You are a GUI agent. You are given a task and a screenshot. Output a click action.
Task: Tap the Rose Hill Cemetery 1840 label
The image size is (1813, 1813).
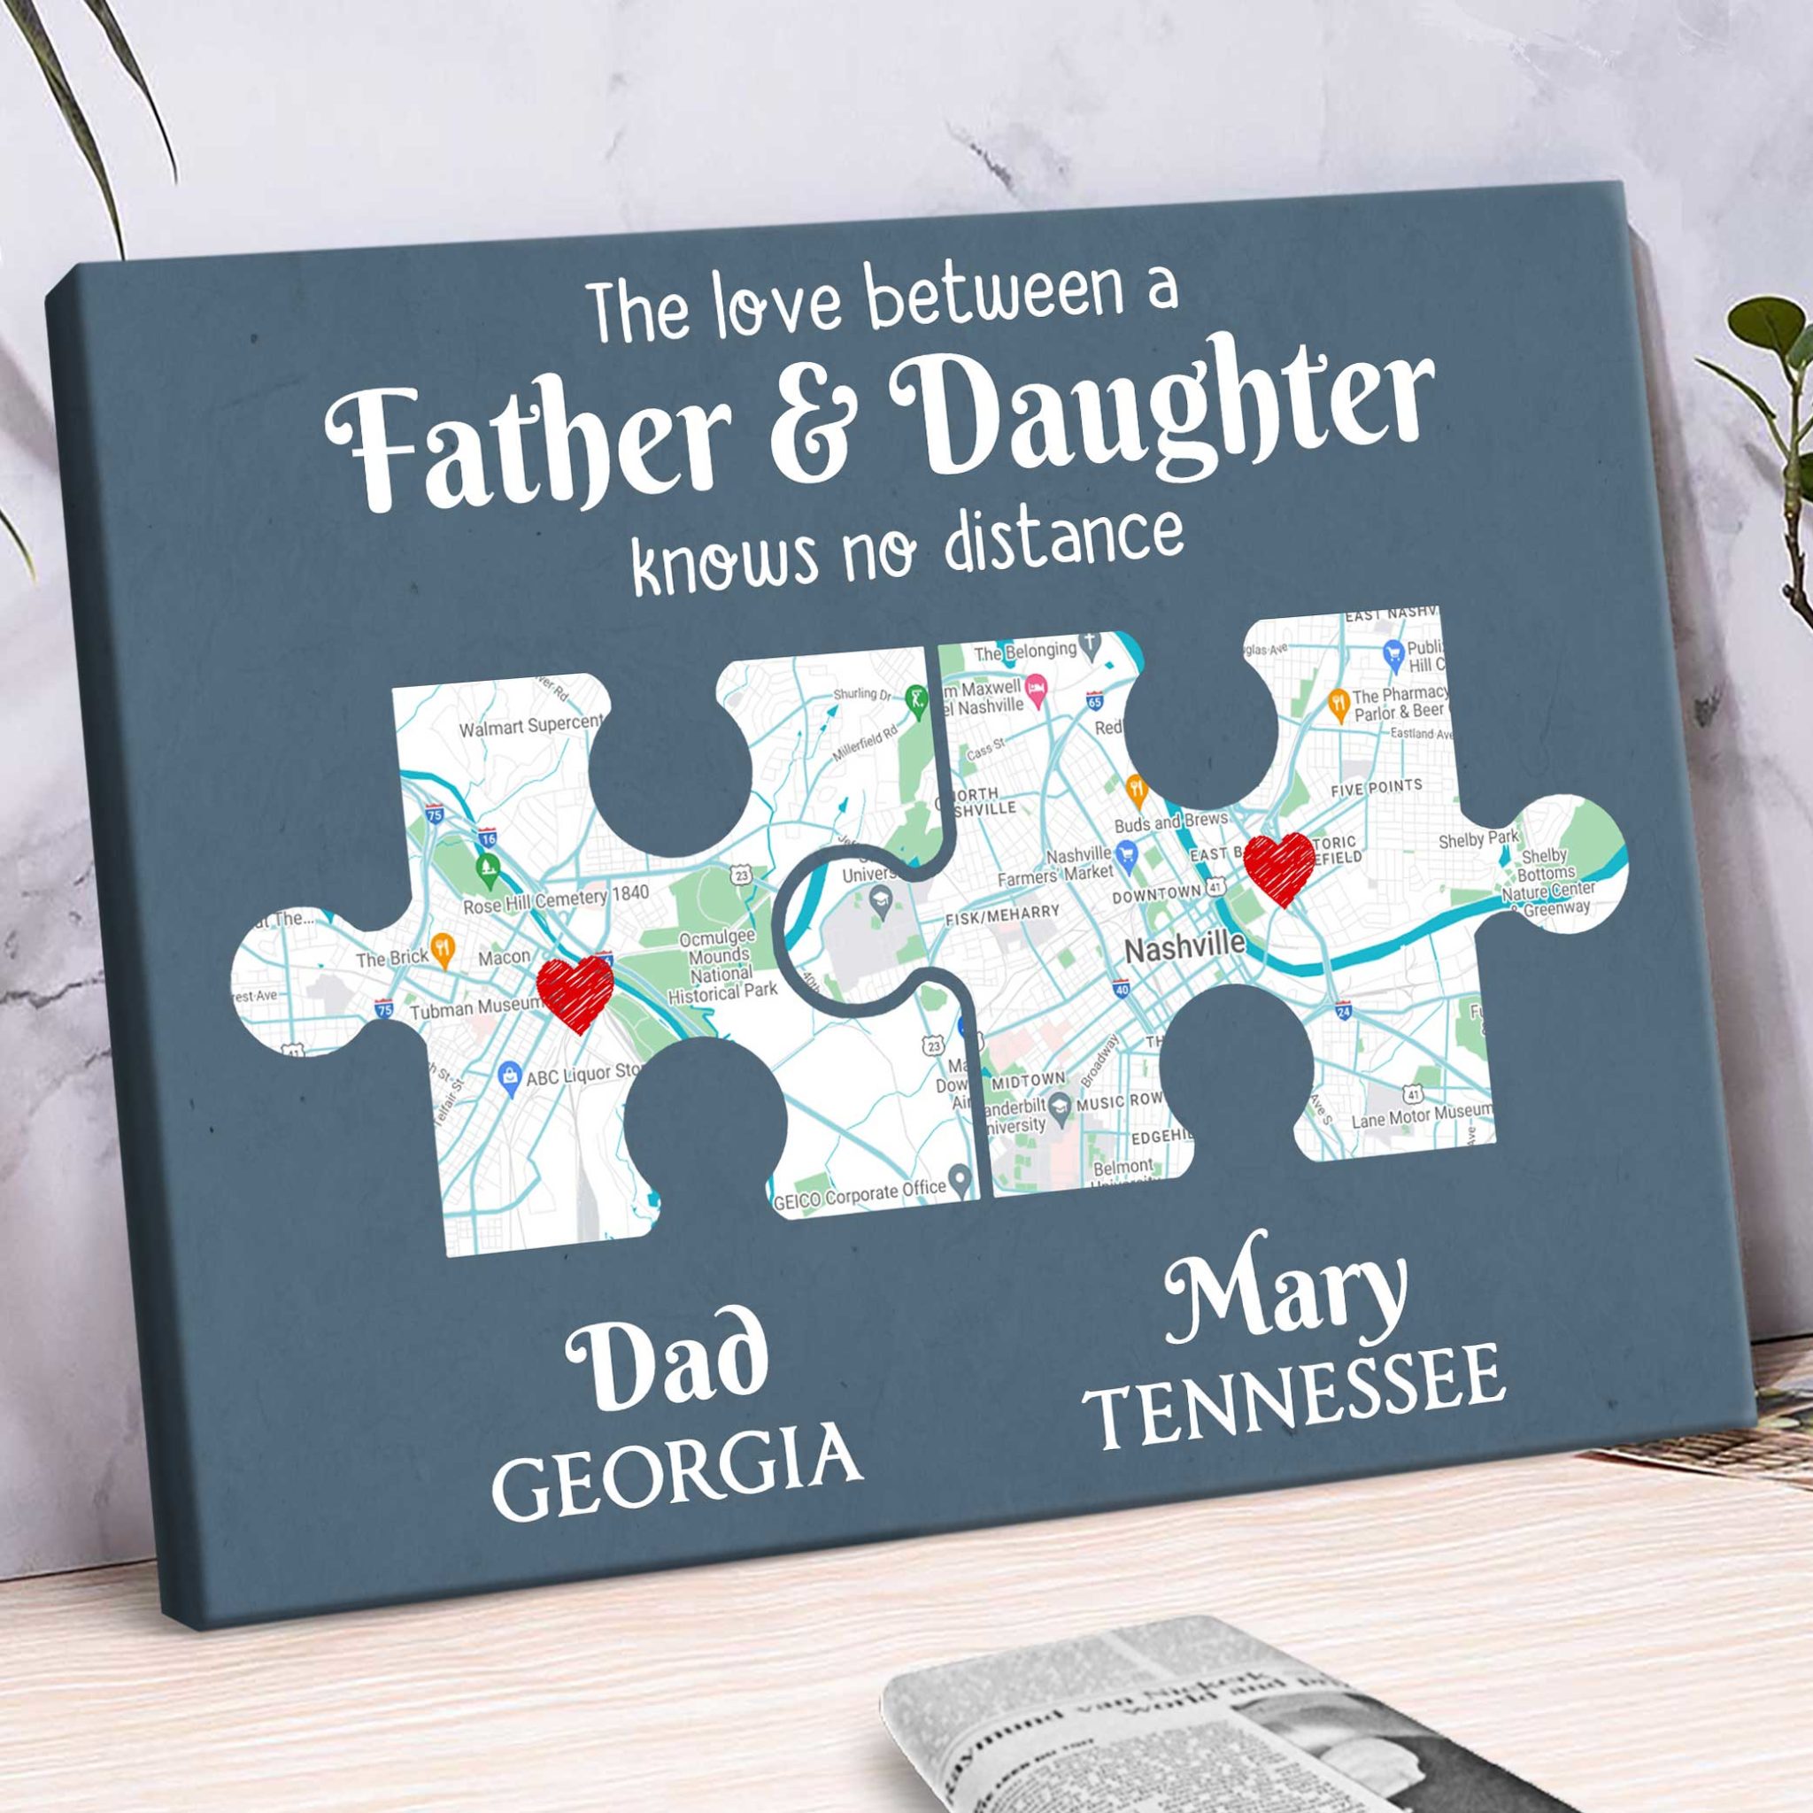point(556,900)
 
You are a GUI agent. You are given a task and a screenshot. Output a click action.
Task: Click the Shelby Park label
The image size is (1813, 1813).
point(1477,839)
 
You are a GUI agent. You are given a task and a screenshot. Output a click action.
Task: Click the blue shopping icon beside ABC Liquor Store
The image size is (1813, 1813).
point(510,1076)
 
